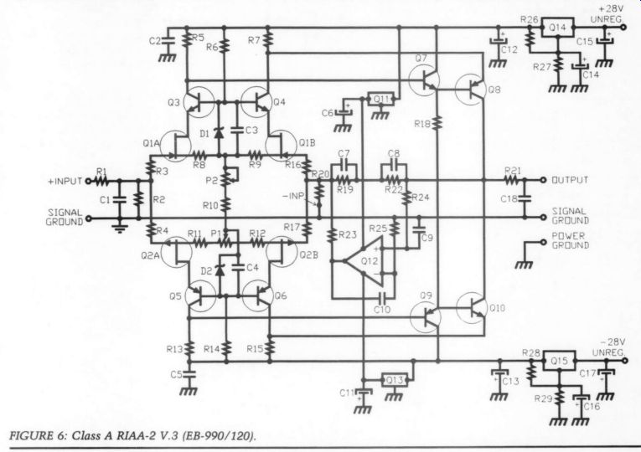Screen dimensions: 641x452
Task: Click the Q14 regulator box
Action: [x=557, y=28]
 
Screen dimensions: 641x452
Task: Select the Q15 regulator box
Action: [x=559, y=361]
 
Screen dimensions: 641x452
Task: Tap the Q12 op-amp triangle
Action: [x=364, y=261]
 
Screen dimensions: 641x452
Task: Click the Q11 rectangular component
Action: [x=381, y=100]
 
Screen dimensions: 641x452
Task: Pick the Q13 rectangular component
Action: [x=394, y=381]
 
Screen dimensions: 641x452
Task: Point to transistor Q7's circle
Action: [x=424, y=81]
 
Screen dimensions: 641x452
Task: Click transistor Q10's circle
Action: [x=472, y=308]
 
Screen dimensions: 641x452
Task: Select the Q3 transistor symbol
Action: [x=199, y=102]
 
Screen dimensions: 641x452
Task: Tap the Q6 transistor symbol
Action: [x=257, y=296]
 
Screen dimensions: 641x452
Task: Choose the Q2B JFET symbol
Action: [x=282, y=251]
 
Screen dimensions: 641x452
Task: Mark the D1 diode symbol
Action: [x=220, y=133]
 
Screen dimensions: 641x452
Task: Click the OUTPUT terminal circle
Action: [x=543, y=180]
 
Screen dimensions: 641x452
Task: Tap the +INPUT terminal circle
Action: [x=87, y=181]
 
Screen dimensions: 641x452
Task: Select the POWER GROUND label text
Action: [x=571, y=240]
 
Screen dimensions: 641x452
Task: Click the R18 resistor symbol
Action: [x=437, y=123]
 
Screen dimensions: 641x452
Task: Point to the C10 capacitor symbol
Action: [x=383, y=297]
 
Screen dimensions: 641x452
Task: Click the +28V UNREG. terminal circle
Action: [x=623, y=28]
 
